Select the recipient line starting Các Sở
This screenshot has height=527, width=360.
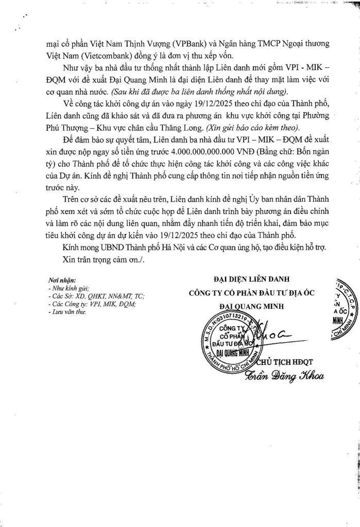(95, 297)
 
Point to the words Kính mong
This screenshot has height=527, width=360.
(78, 248)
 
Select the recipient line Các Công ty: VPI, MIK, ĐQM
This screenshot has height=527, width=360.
(90, 305)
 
